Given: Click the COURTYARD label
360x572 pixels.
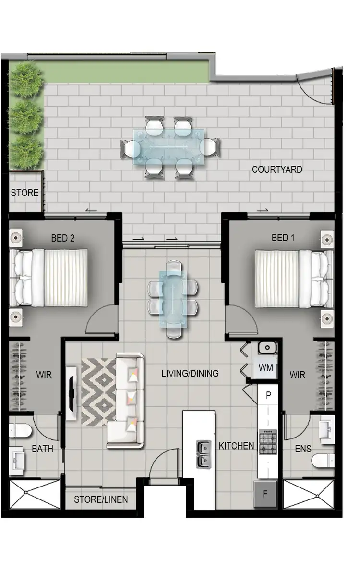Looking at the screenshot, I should coord(277,170).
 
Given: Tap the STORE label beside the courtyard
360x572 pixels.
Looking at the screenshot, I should coord(24,193).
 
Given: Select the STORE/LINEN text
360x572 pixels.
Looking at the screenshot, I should coord(101,499).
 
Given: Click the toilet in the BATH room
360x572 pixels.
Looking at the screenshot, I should coord(21,430).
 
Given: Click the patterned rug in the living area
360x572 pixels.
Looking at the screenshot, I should coord(98,391).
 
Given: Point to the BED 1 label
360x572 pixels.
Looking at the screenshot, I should coord(283,238).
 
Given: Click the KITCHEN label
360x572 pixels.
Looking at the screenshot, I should coord(236,446).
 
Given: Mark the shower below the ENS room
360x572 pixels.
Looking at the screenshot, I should coord(308,494).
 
